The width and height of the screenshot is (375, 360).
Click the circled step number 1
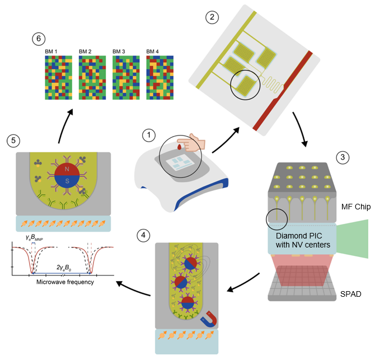click(149, 135)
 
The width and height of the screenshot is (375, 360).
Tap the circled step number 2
click(212, 17)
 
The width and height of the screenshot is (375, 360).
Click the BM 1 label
click(52, 52)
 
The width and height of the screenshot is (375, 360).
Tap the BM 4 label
click(153, 52)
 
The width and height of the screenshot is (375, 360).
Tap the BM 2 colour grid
click(92, 77)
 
